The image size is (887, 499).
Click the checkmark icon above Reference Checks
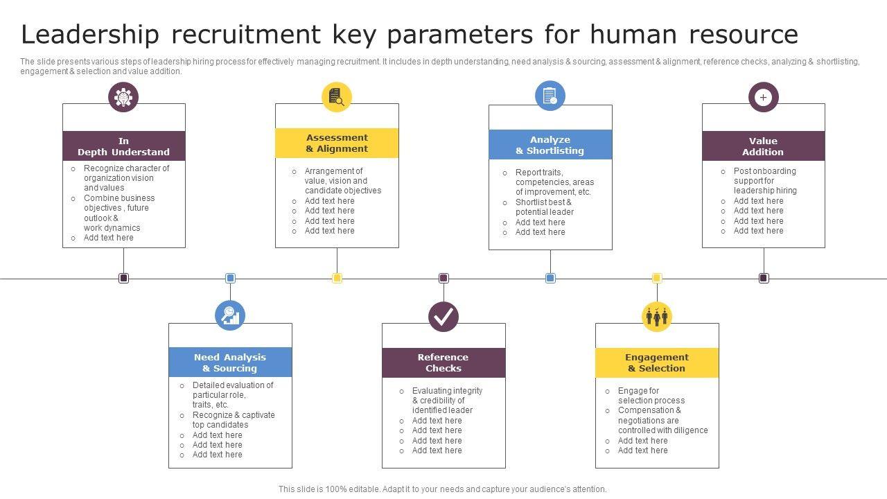tap(443, 317)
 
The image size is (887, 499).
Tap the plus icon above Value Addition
tap(763, 97)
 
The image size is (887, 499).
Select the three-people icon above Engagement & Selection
tap(656, 317)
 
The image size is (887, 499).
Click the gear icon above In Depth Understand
tap(123, 97)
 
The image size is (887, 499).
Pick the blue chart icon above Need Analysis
tap(230, 316)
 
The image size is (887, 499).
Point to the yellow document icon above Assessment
tap(337, 96)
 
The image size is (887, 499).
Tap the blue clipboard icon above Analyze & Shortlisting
tap(550, 96)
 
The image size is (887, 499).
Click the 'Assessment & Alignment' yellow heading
tap(337, 143)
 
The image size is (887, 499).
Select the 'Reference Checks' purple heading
tap(443, 362)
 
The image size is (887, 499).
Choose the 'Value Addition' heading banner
tap(763, 146)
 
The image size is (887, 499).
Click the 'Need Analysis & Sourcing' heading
tap(230, 362)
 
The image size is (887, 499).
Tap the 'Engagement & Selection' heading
tap(656, 362)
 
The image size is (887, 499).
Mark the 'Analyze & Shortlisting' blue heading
tap(550, 145)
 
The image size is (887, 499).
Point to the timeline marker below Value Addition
tap(764, 278)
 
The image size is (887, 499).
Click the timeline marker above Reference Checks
tap(443, 278)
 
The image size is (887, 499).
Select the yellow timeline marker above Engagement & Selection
tap(657, 278)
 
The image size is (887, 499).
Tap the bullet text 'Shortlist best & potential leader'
tap(544, 207)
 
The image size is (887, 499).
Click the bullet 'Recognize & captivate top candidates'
tap(233, 420)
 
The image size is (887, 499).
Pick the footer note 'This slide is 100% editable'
tap(442, 489)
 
